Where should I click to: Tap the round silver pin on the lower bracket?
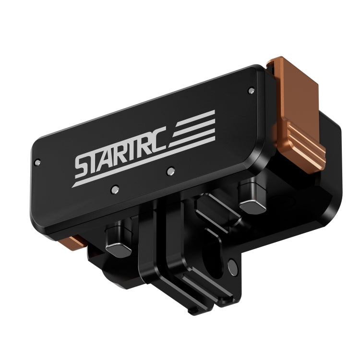click(x=232, y=264)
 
